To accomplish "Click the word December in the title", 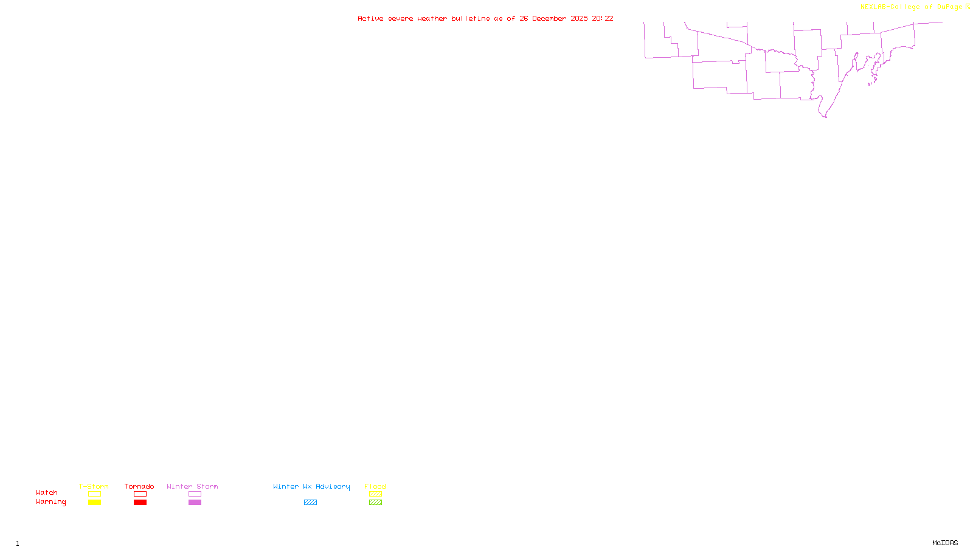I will pos(549,18).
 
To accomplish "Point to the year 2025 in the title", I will pos(579,18).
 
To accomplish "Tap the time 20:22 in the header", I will pos(603,18).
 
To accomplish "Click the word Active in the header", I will pos(370,18).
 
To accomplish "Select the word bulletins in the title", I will pos(471,18).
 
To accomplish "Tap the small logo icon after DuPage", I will pos(968,7).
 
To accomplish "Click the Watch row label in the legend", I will pos(47,492).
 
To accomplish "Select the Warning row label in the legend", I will pos(50,502).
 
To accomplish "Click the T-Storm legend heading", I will pos(94,486).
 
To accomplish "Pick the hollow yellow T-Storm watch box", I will pos(94,494).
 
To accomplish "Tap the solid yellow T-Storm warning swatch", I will pos(94,503).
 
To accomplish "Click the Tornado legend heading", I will pos(139,486).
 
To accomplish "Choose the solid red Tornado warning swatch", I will pos(140,503).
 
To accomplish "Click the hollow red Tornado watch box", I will pos(140,494).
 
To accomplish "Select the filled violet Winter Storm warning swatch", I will pos(195,503).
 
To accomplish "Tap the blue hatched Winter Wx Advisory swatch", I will pos(310,503).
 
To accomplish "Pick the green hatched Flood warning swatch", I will pos(375,503).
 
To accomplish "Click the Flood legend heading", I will pos(375,486).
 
